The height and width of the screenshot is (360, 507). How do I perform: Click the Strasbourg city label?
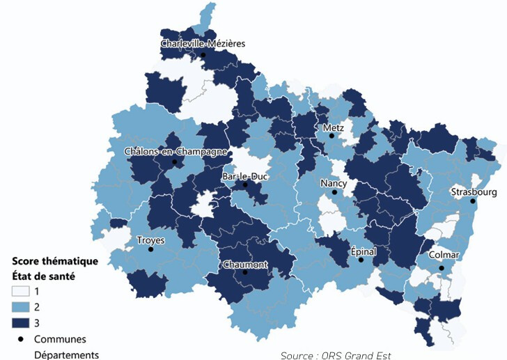pos(474,191)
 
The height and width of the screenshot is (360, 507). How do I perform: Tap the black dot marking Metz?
pos(332,136)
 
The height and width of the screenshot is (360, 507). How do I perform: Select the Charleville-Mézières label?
pos(203,44)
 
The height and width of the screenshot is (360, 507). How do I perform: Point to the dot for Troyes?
pos(150,249)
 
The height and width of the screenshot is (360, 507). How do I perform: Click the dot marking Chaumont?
pos(244,273)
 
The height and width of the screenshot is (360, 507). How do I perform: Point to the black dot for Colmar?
pos(442,268)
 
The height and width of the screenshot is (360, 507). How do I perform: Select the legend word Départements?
pos(67,354)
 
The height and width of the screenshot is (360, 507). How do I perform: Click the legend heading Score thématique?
pos(55,262)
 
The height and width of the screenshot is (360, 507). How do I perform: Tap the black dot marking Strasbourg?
pos(473,202)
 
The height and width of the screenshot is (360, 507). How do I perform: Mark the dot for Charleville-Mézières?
pos(203,54)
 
